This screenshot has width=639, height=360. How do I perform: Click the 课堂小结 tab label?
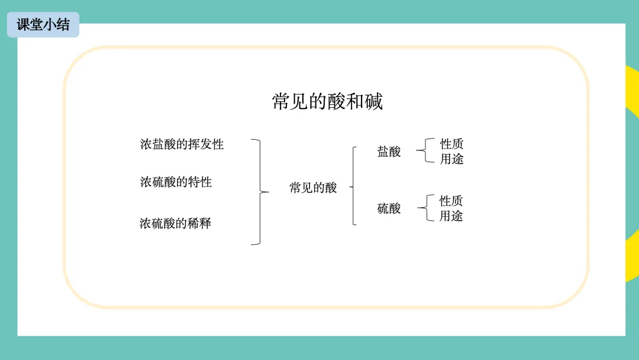(x=43, y=25)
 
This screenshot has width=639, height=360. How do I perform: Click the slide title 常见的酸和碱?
(x=327, y=101)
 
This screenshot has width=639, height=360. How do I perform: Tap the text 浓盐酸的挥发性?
(x=182, y=144)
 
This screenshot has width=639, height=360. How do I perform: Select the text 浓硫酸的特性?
(x=176, y=182)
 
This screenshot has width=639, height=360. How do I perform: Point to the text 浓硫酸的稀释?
(x=175, y=223)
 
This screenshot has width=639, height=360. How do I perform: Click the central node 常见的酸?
(x=313, y=188)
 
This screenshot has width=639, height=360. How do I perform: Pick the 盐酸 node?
(x=389, y=152)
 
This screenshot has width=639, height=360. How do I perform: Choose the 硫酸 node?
(x=389, y=208)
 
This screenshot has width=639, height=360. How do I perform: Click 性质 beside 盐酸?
(x=451, y=144)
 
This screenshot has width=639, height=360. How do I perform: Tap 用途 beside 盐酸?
(x=451, y=159)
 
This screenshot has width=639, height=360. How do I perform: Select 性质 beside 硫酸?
(x=451, y=201)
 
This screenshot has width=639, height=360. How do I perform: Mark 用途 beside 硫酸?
(x=451, y=216)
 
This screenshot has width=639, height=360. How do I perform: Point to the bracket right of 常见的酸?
(x=353, y=187)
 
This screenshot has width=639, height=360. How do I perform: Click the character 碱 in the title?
(x=373, y=101)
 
